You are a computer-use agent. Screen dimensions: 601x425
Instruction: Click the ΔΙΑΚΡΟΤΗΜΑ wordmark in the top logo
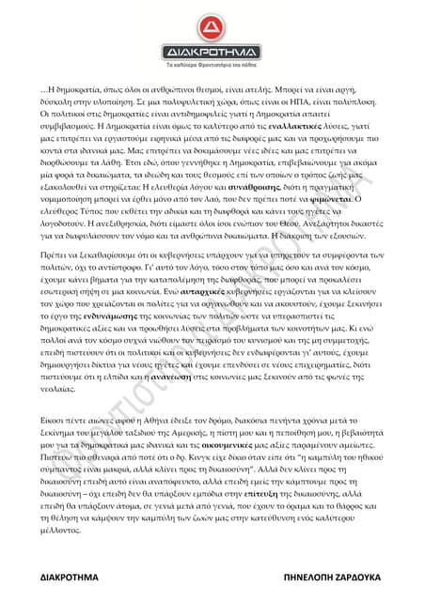pyautogui.click(x=212, y=52)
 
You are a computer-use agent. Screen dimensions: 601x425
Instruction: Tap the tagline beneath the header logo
pyautogui.click(x=212, y=68)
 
